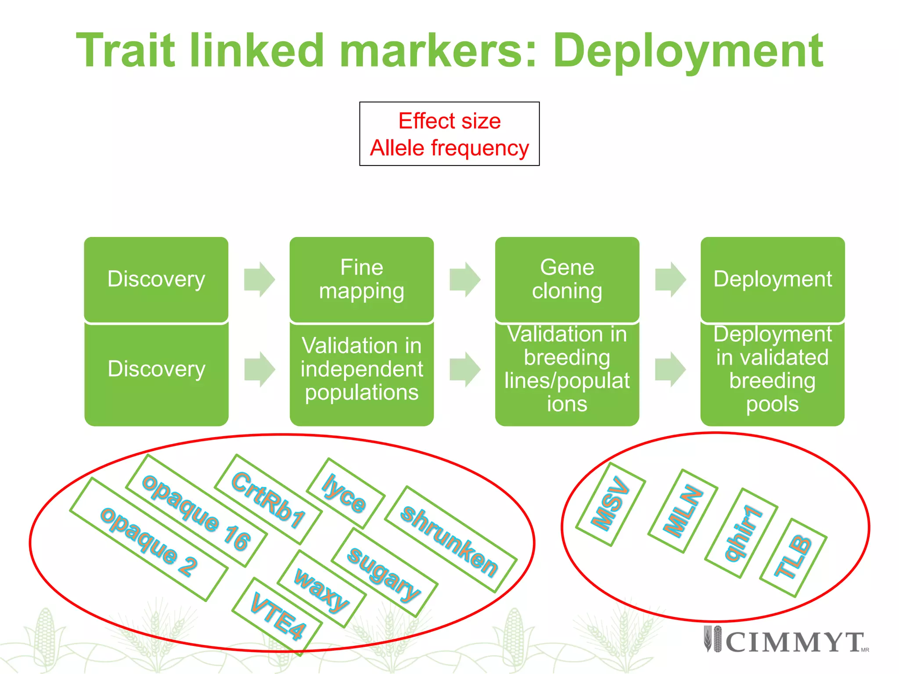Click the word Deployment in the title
point(687,51)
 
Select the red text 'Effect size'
point(449,121)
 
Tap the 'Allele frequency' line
point(449,148)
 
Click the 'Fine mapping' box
point(362,279)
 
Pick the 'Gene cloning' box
point(567,279)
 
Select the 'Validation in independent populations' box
point(362,369)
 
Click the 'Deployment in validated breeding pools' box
point(772,369)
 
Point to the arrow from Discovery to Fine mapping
point(259,280)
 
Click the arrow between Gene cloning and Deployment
point(670,280)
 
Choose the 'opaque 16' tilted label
point(196,511)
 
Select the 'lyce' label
point(345,493)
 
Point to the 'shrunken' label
point(450,540)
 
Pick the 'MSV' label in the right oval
point(610,504)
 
